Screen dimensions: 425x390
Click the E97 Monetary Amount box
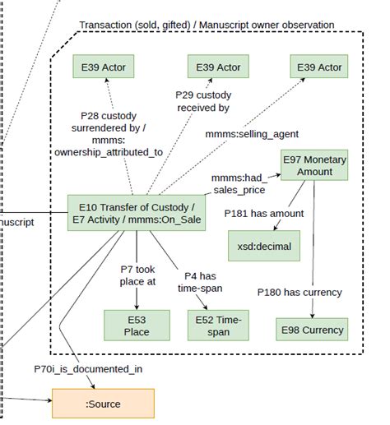pyautogui.click(x=315, y=165)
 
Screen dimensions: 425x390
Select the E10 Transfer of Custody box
pyautogui.click(x=135, y=213)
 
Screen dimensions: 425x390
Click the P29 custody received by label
pyautogui.click(x=202, y=100)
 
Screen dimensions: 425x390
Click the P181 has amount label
pyautogui.click(x=264, y=213)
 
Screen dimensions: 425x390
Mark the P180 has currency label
pyautogui.click(x=299, y=291)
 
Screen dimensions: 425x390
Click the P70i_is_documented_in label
pyautogui.click(x=87, y=368)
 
